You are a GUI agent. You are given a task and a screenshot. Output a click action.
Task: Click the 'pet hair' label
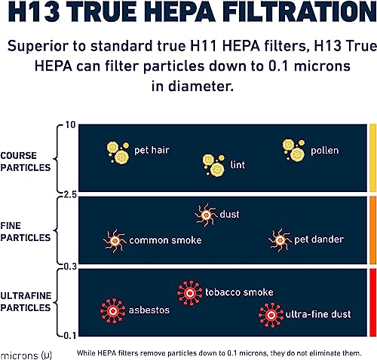point(152,150)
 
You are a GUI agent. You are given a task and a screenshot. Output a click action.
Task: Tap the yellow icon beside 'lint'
point(213,165)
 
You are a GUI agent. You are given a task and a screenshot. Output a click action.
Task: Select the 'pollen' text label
point(324,151)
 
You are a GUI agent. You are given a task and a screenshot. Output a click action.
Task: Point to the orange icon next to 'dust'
point(206,215)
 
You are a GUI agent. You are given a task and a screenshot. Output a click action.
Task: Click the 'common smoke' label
point(165,240)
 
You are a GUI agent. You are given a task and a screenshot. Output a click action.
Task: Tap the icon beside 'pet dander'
point(280,240)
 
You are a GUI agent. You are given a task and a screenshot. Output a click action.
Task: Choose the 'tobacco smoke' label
point(239,292)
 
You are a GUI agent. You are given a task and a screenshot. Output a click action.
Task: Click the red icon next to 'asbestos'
point(113,311)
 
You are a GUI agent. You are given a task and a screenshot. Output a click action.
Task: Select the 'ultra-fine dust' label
point(318,314)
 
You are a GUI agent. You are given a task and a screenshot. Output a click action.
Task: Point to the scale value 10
point(70,125)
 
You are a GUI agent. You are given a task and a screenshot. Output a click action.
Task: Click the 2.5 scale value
point(69,194)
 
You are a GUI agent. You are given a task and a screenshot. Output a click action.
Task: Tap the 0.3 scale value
point(69,267)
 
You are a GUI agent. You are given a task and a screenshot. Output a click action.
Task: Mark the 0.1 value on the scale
point(69,336)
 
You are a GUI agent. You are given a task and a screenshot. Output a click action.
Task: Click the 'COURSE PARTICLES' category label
point(26,161)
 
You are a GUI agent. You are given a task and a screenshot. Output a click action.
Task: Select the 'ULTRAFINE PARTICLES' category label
point(26,301)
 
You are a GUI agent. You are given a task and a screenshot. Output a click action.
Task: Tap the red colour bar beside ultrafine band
point(372,303)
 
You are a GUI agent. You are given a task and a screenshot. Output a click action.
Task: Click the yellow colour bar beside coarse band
point(372,158)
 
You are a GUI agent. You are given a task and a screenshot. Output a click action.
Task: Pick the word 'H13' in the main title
point(34,11)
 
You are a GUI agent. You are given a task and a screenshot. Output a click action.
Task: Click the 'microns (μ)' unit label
point(26,355)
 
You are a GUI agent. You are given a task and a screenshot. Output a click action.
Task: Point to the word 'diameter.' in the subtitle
point(201,86)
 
